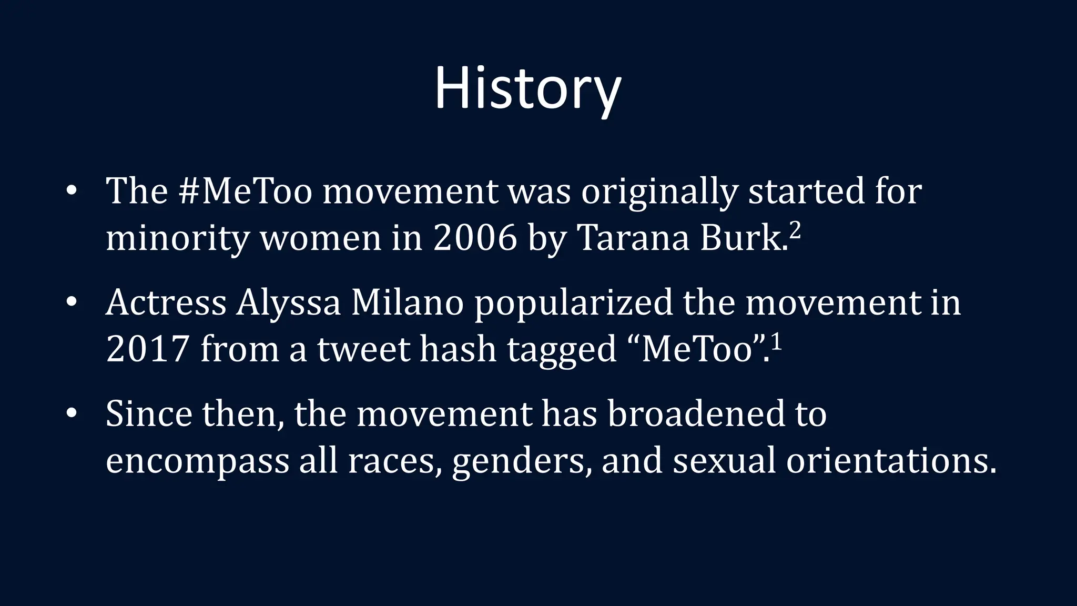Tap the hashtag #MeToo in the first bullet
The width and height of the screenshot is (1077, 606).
click(x=246, y=191)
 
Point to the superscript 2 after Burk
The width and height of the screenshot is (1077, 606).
click(x=795, y=230)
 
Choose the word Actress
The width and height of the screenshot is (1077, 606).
click(x=166, y=303)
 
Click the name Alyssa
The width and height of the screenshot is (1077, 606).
click(x=288, y=304)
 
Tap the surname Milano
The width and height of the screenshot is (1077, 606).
click(x=407, y=303)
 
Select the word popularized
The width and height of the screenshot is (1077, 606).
click(x=574, y=304)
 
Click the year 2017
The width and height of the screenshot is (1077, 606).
click(x=147, y=349)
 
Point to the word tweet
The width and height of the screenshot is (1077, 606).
click(x=363, y=350)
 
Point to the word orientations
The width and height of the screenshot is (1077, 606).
click(x=891, y=461)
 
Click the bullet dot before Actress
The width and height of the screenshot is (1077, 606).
click(x=72, y=302)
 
